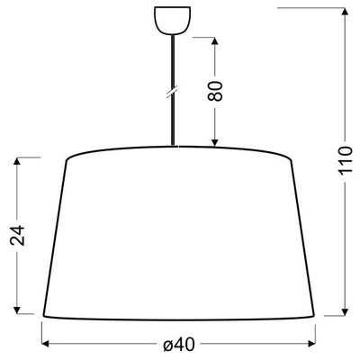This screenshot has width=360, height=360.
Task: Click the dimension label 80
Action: pos(215,91)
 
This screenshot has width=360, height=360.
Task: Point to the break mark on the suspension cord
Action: pos(171,92)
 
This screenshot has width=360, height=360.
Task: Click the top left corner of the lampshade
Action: pos(67,160)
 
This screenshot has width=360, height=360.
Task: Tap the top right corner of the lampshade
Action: pos(292,160)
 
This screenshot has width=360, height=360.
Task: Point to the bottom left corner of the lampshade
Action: pos(43,314)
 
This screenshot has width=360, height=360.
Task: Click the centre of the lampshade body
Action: pos(180,234)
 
